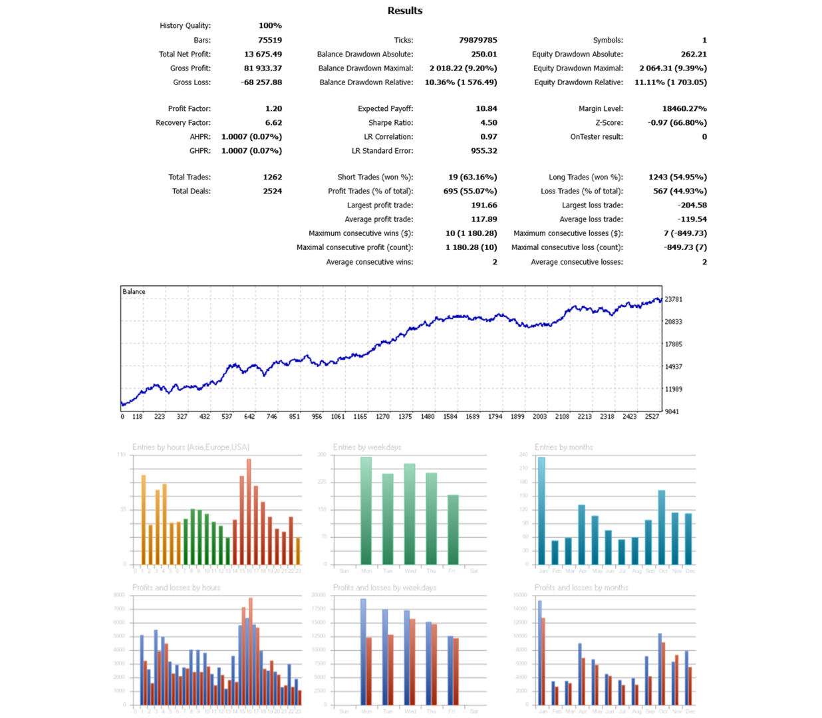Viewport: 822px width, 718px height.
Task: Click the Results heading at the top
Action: (404, 11)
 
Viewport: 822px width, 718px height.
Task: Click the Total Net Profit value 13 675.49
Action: (263, 55)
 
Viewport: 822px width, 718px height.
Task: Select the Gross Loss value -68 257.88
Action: (261, 82)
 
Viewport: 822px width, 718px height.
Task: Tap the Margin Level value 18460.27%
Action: (684, 109)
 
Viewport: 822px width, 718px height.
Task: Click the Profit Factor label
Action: (189, 109)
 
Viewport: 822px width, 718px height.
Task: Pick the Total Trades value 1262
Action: (272, 178)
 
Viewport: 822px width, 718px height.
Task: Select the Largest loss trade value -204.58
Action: (692, 205)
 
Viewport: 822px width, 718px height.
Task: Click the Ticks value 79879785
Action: (478, 41)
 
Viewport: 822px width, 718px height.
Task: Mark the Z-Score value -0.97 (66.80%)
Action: (677, 123)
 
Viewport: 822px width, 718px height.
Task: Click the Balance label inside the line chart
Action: (134, 292)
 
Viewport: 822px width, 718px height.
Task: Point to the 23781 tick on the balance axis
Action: (673, 300)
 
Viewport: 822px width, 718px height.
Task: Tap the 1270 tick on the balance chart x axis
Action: (382, 417)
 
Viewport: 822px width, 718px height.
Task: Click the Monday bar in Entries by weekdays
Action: (366, 511)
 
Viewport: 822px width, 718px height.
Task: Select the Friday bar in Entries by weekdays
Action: (453, 530)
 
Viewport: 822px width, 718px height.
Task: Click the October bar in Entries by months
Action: (662, 528)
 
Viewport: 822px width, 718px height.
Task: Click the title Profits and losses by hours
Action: (176, 588)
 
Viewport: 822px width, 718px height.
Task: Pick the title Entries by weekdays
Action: (367, 447)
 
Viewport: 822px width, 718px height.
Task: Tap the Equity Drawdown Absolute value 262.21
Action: (693, 55)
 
